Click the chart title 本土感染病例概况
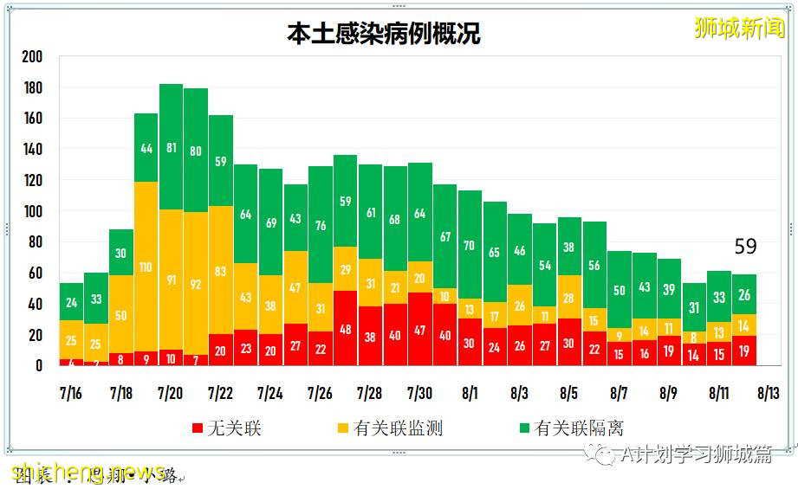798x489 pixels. [x=383, y=33]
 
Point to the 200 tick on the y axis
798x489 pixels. [x=32, y=57]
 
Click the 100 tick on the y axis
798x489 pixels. [x=32, y=212]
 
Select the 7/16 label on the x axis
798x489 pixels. [x=71, y=394]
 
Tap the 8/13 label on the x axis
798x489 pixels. [x=769, y=394]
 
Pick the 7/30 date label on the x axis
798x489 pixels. [x=419, y=394]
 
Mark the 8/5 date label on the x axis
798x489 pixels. [x=568, y=394]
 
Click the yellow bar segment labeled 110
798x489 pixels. [x=146, y=267]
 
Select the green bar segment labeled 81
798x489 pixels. [x=171, y=147]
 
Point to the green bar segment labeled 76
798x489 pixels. [x=320, y=226]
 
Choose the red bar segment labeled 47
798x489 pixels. [x=420, y=329]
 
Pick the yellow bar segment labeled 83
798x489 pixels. [x=221, y=270]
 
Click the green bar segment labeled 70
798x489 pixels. [x=470, y=245]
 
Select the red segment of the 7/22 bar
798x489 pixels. [x=221, y=350]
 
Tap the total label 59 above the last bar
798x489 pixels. [x=745, y=248]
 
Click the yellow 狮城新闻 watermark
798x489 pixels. [x=739, y=28]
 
